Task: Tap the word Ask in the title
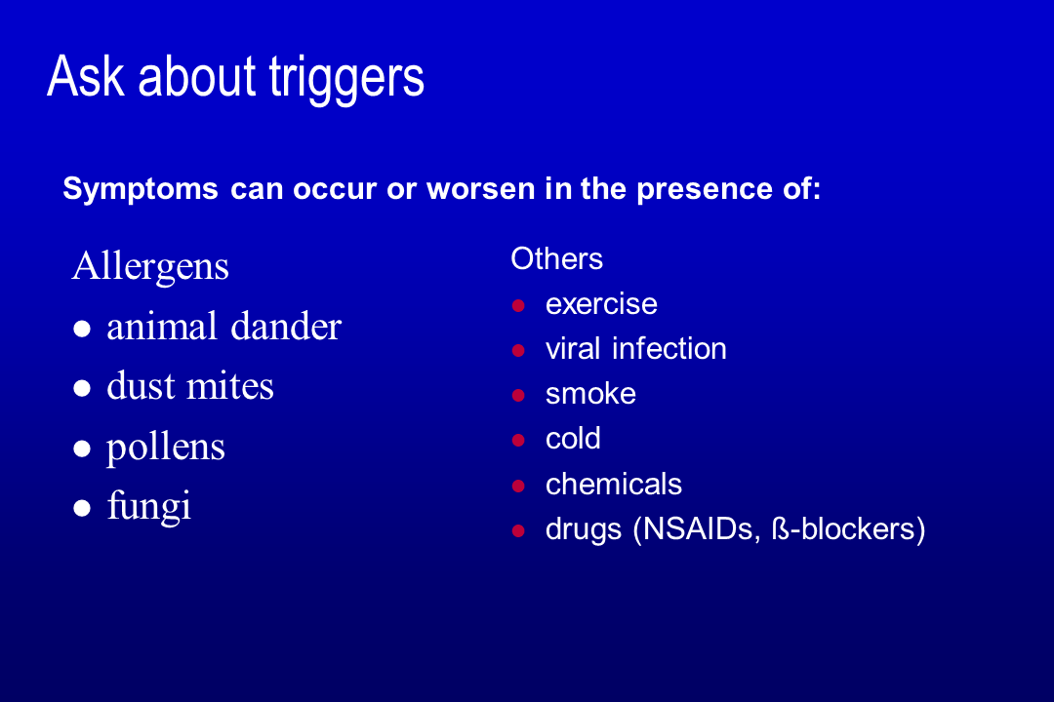[x=85, y=75]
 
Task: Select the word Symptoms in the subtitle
[x=141, y=189]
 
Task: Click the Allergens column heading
[x=150, y=267]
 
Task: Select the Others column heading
[x=556, y=258]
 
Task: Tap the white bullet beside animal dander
[x=82, y=329]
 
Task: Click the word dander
[x=286, y=327]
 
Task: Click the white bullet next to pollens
[x=82, y=448]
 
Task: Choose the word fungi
[x=149, y=507]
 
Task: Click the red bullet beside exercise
[x=518, y=306]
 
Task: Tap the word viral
[x=573, y=349]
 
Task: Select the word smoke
[x=590, y=394]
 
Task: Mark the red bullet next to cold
[x=518, y=441]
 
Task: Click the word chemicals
[x=614, y=484]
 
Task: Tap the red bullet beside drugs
[x=518, y=531]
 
